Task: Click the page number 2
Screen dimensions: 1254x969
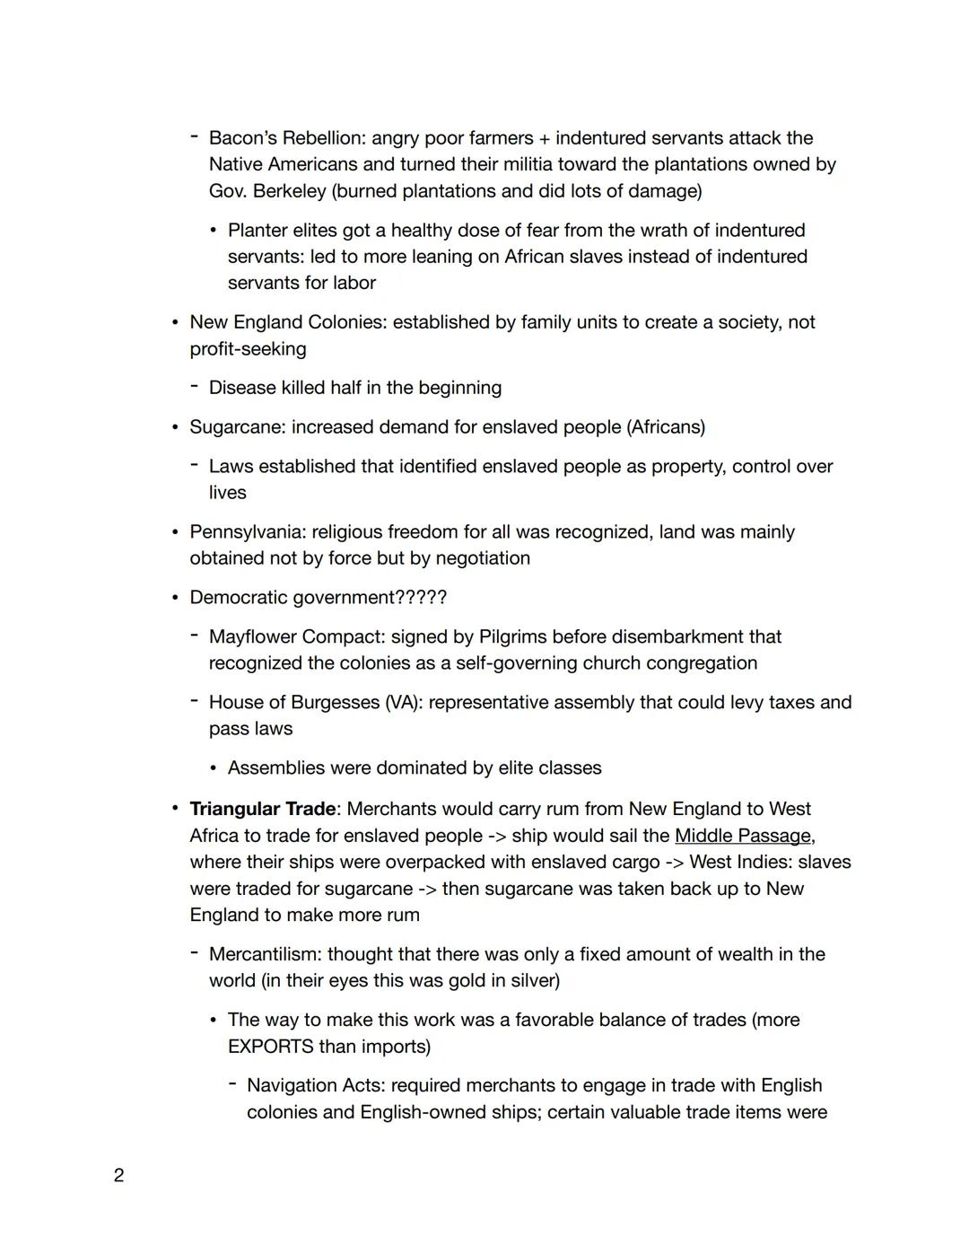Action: pyautogui.click(x=118, y=1175)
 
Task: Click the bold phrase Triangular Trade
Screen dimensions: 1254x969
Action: pyautogui.click(x=262, y=809)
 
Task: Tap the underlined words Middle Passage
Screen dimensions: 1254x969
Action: pyautogui.click(x=742, y=836)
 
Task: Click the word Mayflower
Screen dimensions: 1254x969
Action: pyautogui.click(x=252, y=637)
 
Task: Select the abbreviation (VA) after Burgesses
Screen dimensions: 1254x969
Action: pyautogui.click(x=402, y=703)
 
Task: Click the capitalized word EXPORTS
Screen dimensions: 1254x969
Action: pyautogui.click(x=270, y=1047)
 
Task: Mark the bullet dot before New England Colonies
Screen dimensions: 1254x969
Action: pyautogui.click(x=176, y=322)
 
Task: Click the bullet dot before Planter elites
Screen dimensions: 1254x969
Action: pyautogui.click(x=214, y=231)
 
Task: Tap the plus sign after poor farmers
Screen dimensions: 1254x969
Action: pyautogui.click(x=545, y=138)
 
